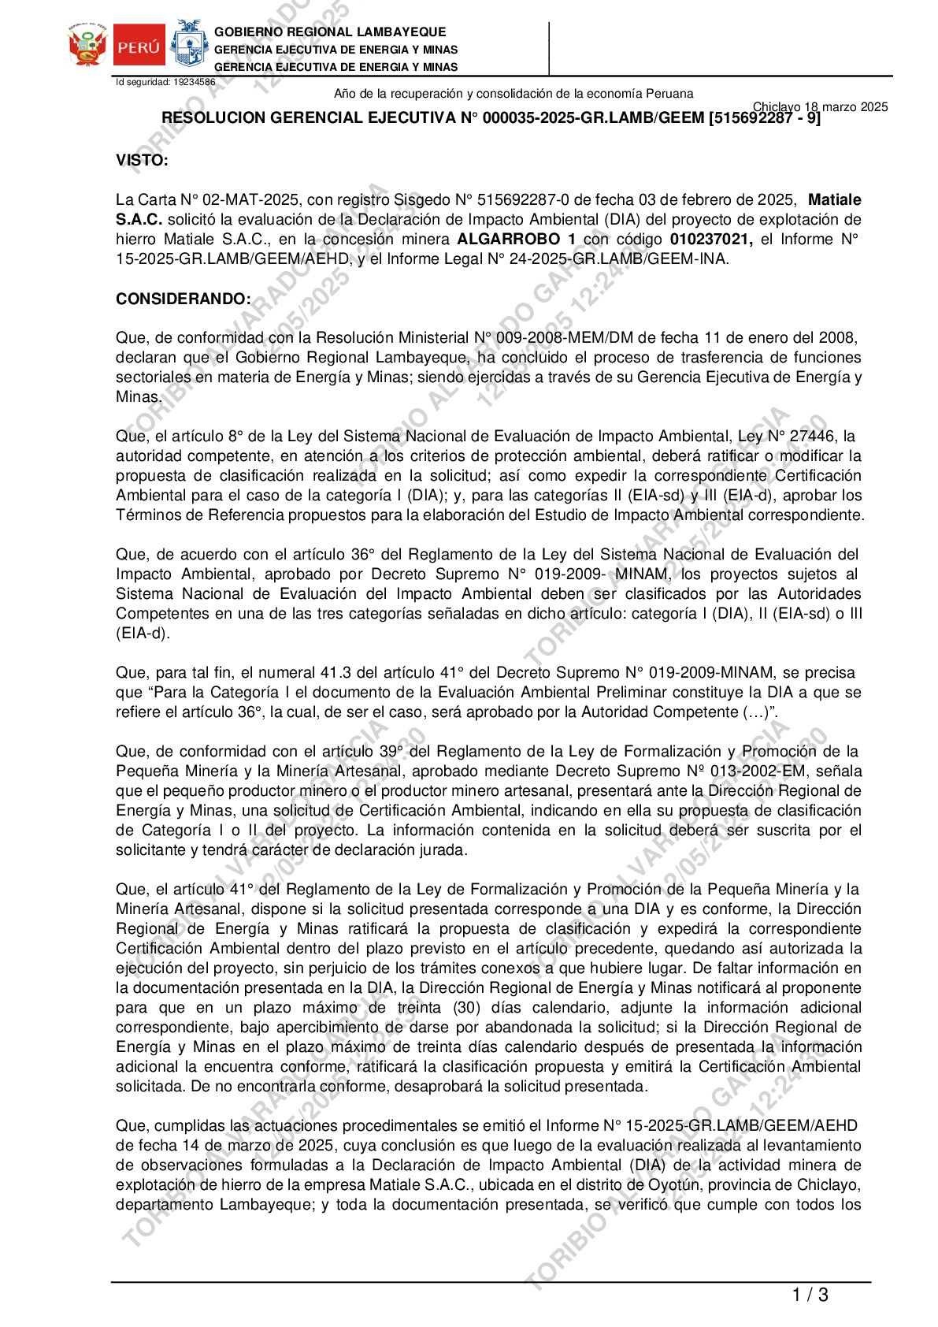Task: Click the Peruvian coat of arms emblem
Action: tap(87, 45)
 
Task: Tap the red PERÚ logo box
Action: tap(139, 46)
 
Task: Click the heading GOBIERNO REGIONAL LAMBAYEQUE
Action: tap(330, 32)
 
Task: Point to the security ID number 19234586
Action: tap(194, 82)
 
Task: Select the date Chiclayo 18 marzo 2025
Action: tap(820, 107)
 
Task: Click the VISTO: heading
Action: tap(142, 161)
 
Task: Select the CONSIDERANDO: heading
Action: tap(184, 299)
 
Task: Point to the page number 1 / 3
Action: tap(810, 1295)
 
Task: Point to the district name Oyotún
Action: tap(673, 1185)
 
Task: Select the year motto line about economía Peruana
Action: tap(513, 94)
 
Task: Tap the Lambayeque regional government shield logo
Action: tap(189, 43)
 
